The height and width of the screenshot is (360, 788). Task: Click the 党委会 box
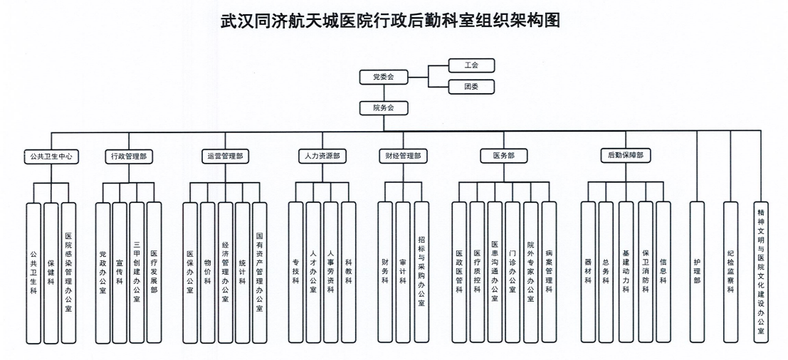tap(384, 76)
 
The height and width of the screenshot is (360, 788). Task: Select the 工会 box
tap(471, 65)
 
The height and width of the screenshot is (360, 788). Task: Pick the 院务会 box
tap(384, 108)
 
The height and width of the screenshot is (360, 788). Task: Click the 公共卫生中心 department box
tap(50, 156)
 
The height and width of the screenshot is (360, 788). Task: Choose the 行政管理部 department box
tap(129, 156)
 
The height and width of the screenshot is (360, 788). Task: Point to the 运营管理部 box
tap(224, 156)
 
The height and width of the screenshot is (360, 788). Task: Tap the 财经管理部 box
tap(403, 156)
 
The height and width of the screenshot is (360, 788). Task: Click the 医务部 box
tap(503, 156)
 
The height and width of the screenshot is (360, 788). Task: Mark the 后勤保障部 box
tap(625, 156)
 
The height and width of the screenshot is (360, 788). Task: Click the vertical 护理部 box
tap(697, 271)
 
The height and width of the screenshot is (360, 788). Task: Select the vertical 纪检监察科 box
tap(730, 271)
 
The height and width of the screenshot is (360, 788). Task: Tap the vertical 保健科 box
tap(51, 271)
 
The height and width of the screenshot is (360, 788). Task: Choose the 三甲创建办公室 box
tap(137, 271)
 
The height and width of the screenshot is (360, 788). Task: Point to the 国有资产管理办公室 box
tap(259, 271)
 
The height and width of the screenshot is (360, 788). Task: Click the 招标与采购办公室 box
tap(421, 271)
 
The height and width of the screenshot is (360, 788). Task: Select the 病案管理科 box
tap(548, 271)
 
